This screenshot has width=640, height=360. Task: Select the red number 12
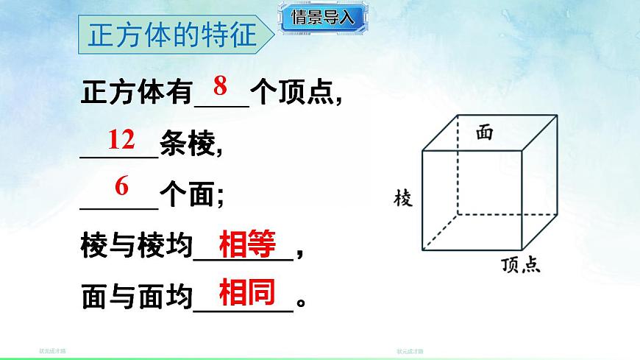pos(121,139)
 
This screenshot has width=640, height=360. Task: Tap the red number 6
pos(121,187)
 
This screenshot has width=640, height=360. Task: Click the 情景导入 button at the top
pos(324,18)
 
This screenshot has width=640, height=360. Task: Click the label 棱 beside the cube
pos(403,198)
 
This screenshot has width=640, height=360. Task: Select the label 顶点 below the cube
pos(521,265)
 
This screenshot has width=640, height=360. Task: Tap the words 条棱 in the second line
pos(190,146)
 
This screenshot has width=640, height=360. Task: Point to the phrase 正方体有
pos(136,95)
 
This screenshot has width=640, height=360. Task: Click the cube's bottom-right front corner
pos(521,250)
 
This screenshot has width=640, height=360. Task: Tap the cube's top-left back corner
pos(457,115)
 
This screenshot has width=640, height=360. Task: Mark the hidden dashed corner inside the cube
pos(457,215)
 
